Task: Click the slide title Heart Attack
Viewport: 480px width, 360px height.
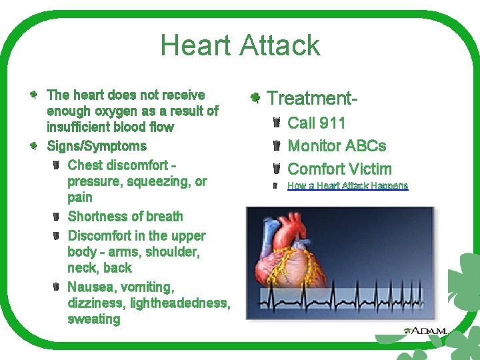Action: pos(240,45)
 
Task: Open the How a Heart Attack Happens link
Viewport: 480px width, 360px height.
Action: pos(347,186)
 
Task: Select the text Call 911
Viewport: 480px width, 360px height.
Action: pos(316,123)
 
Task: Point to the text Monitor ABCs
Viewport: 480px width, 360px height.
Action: pos(336,146)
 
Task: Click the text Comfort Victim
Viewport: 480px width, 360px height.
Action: pos(339,169)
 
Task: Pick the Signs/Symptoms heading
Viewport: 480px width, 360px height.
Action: pos(96,146)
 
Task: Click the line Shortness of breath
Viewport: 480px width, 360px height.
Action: pos(125,217)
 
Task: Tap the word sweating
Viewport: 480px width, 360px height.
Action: pos(94,319)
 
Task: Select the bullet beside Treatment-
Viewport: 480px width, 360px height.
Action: pos(255,99)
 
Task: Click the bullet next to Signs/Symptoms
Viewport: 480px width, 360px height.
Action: pos(33,145)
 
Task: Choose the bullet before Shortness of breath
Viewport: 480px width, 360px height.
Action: pos(56,216)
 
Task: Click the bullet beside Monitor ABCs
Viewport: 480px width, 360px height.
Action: pos(276,146)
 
